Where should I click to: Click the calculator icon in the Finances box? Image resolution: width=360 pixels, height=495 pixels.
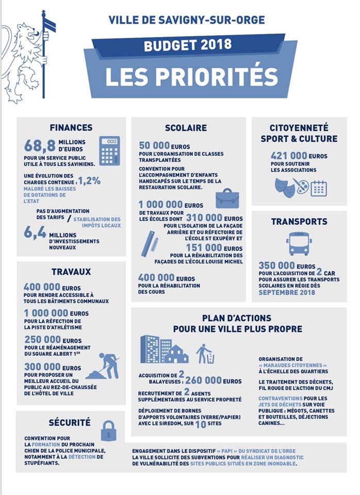[109, 151]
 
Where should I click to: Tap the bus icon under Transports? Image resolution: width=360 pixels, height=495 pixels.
[299, 243]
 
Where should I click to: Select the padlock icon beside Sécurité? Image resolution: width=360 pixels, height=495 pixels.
[108, 431]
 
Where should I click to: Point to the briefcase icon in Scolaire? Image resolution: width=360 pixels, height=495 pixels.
[227, 199]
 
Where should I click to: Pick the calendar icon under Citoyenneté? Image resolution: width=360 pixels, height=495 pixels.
[319, 188]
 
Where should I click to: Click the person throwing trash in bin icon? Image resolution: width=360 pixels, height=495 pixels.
[204, 354]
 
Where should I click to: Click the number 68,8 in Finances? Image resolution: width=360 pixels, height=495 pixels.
[40, 146]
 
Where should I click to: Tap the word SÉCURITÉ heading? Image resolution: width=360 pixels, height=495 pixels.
[70, 423]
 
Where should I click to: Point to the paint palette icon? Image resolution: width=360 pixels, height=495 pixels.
[301, 186]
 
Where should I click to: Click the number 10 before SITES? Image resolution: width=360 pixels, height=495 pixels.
[201, 424]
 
